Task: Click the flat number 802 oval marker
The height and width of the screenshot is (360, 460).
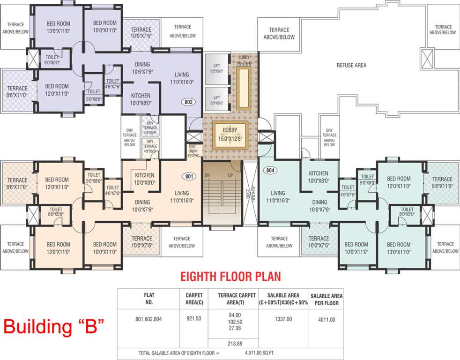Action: (x=189, y=101)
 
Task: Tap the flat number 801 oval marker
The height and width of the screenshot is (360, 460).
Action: (x=189, y=177)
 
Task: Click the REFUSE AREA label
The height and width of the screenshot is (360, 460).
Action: (x=351, y=66)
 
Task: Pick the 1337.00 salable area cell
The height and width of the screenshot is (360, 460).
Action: (x=283, y=319)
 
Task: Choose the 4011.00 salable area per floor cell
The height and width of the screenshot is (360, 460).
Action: (x=326, y=319)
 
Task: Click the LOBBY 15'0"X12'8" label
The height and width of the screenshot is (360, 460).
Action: (x=230, y=134)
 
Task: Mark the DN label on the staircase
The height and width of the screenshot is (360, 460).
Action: (x=207, y=175)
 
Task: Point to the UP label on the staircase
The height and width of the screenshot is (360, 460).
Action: (x=230, y=175)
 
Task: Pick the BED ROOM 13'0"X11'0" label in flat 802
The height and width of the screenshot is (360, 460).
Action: (x=58, y=27)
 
